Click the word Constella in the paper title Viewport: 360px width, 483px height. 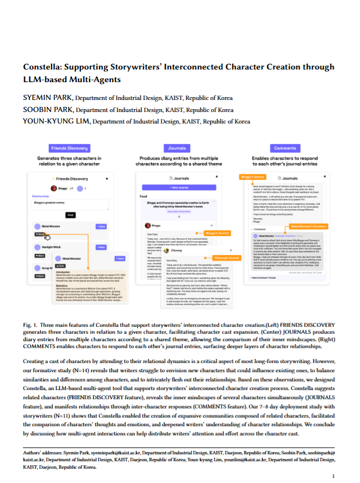pyautogui.click(x=44, y=67)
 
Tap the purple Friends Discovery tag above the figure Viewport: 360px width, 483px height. pyautogui.click(x=69, y=148)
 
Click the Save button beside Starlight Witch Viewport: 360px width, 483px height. pyautogui.click(x=102, y=246)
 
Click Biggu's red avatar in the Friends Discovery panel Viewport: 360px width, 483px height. pyautogui.click(x=53, y=188)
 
